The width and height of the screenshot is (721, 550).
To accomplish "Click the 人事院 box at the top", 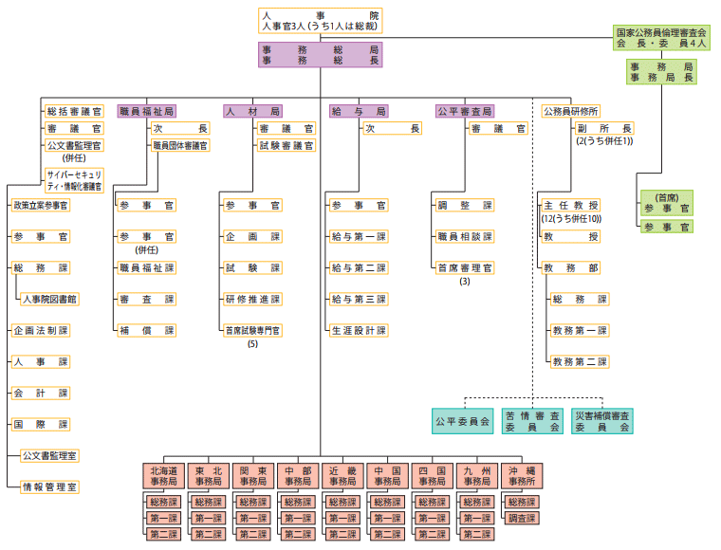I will [320, 21].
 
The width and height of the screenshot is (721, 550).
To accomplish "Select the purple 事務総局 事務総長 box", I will [320, 54].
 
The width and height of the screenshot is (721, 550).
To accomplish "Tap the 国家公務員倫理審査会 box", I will [661, 38].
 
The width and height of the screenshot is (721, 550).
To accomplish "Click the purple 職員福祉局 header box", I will [146, 112].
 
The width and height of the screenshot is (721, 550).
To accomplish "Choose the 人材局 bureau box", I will [253, 112].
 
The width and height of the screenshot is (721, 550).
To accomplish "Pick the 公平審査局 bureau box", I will [465, 112].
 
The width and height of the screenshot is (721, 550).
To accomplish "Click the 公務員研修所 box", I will [570, 112].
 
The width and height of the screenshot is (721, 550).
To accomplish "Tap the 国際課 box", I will [40, 424].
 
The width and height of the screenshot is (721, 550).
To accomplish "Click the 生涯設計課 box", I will [359, 330].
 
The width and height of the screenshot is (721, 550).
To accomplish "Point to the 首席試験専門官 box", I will [252, 330].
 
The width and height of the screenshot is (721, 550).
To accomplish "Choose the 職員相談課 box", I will [465, 236].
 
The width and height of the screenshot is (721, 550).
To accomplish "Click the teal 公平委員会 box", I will [462, 421].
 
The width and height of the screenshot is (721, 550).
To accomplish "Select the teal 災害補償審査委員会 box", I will [602, 421].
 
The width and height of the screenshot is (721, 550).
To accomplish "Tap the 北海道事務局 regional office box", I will [163, 476].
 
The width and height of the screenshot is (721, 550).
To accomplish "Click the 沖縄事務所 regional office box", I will [522, 476].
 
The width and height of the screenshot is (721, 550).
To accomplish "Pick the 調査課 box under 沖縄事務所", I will [522, 519].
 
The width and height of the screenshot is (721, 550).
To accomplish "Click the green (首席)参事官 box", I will [666, 202].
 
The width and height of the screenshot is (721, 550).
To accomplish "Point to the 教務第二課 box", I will [580, 361].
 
